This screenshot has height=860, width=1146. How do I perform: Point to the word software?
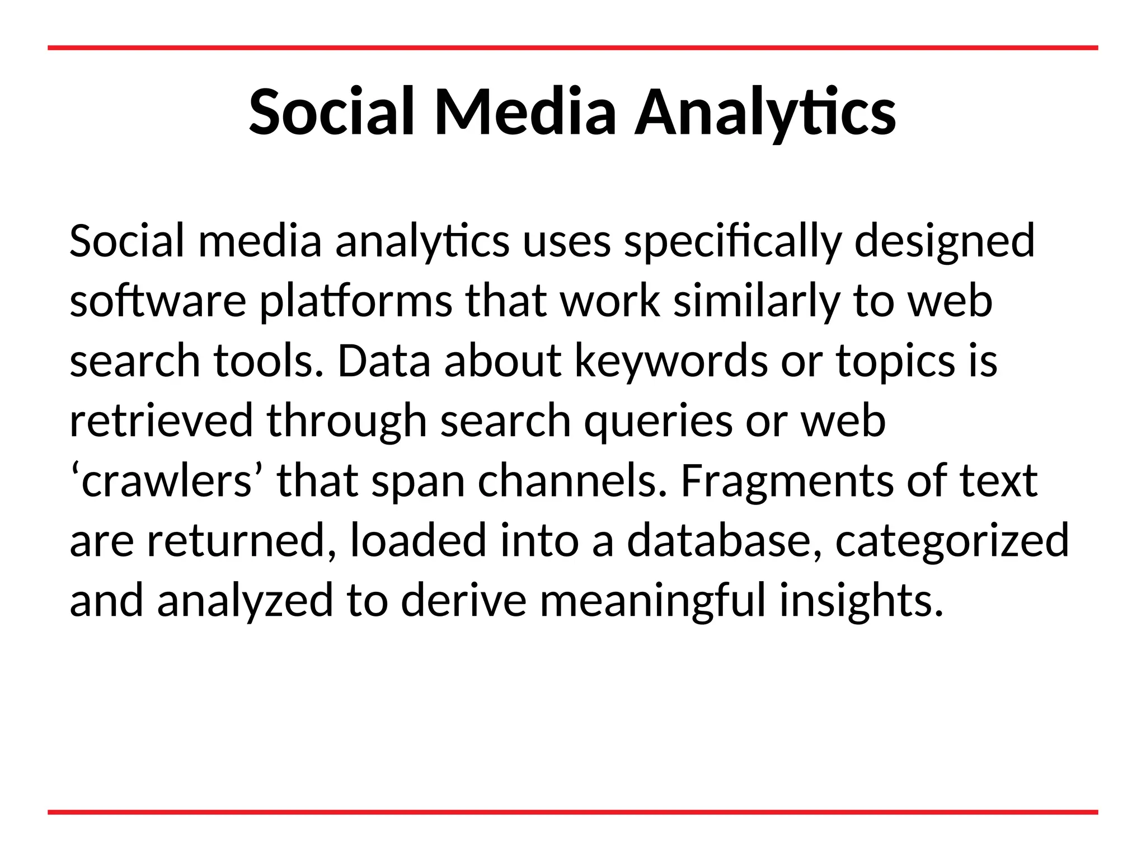pyautogui.click(x=158, y=301)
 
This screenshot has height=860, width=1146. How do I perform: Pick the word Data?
pyautogui.click(x=384, y=361)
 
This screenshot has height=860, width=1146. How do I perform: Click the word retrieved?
pyautogui.click(x=161, y=421)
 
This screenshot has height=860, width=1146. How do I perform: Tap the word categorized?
pyautogui.click(x=952, y=542)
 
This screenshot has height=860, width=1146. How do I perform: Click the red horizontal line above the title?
pyautogui.click(x=572, y=48)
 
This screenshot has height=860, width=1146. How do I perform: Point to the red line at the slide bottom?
pyautogui.click(x=572, y=812)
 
